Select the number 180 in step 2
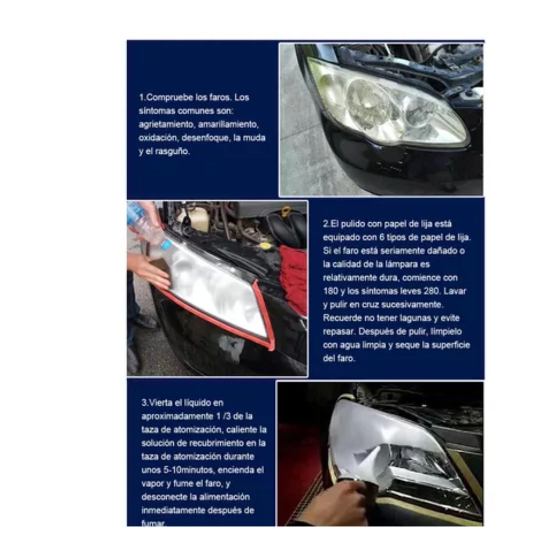coord(330,291)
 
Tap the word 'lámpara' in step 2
coord(410,264)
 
